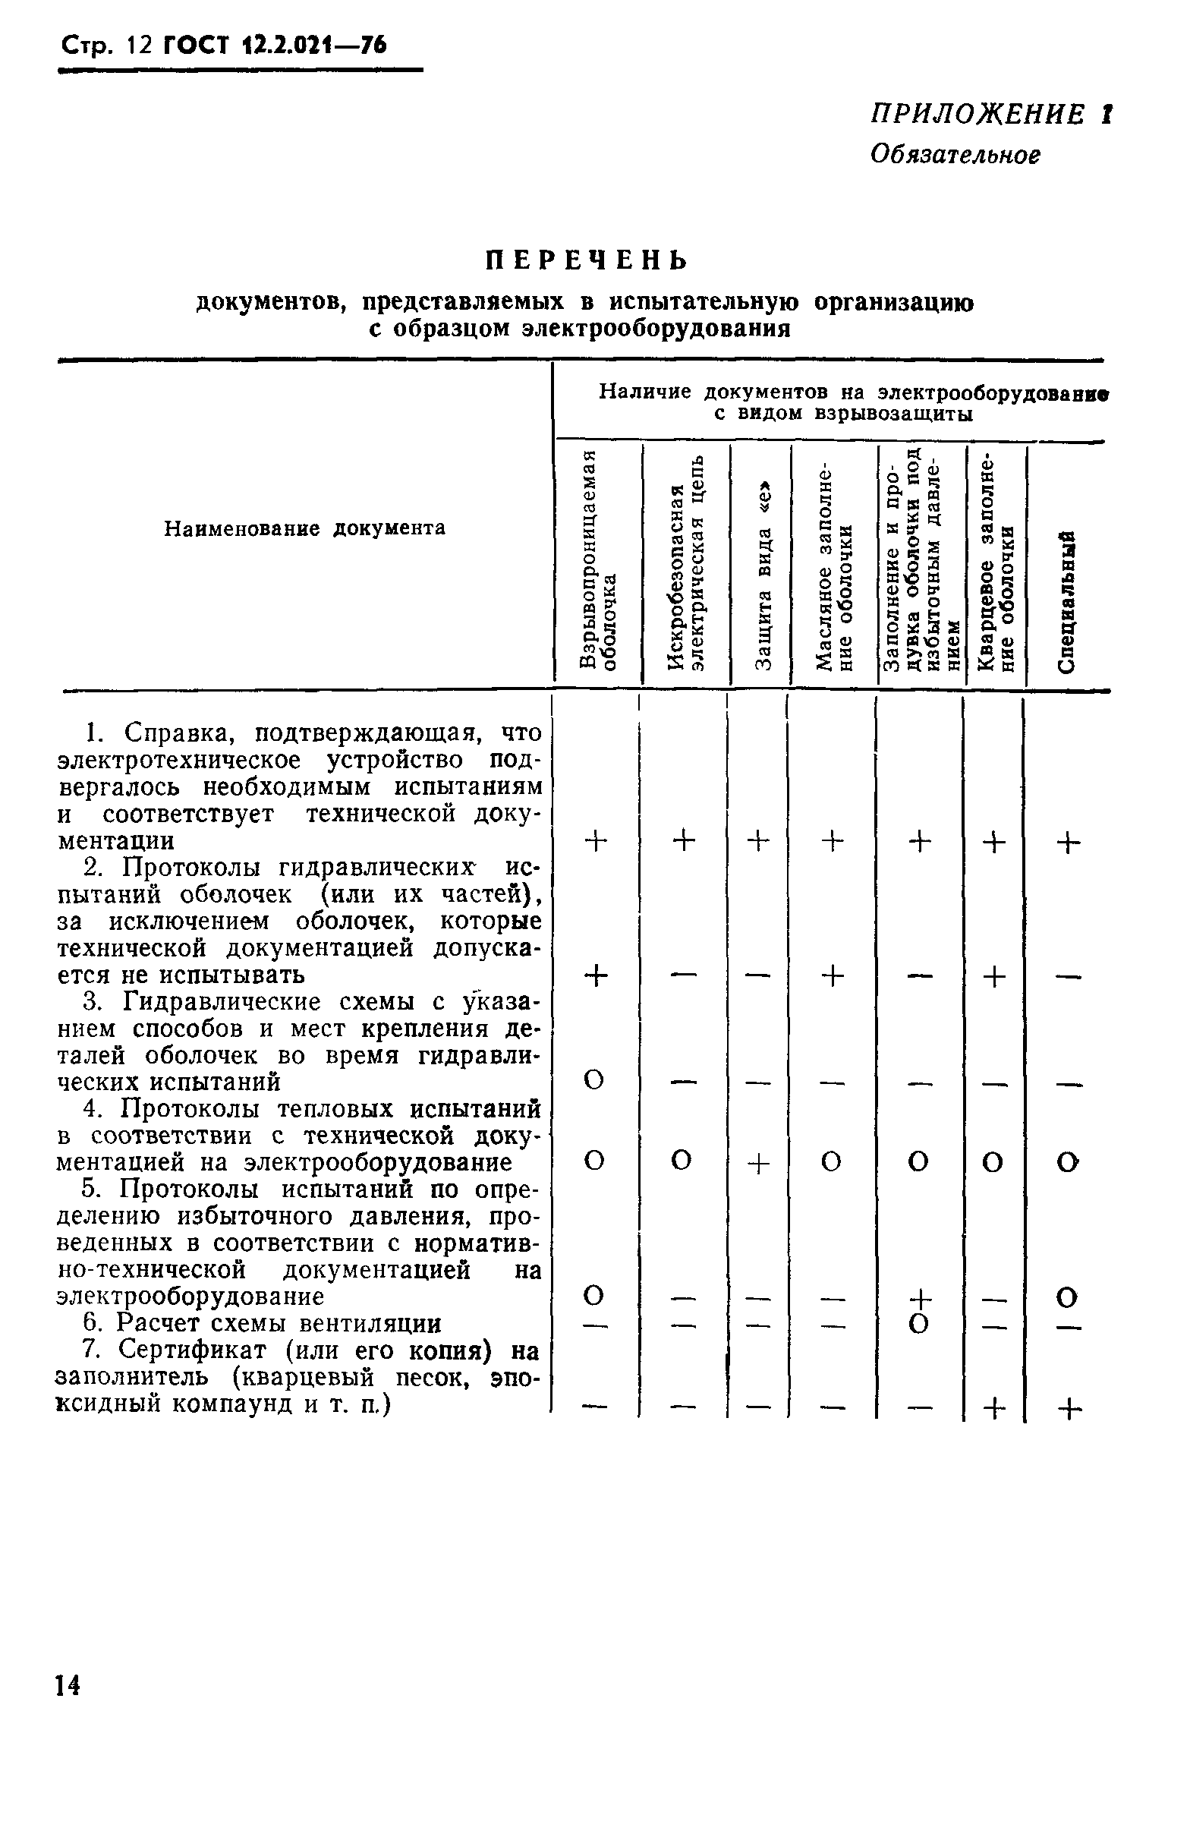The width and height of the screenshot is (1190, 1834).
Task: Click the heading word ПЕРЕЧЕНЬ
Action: (x=587, y=260)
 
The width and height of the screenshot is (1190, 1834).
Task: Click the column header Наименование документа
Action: (x=305, y=528)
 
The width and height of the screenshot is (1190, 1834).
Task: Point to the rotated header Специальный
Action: (x=1066, y=601)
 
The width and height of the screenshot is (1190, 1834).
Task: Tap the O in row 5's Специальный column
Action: (x=1067, y=1297)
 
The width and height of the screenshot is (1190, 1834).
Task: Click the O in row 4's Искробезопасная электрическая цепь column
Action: (x=682, y=1161)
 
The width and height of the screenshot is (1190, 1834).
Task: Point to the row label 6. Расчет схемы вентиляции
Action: (x=262, y=1323)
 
